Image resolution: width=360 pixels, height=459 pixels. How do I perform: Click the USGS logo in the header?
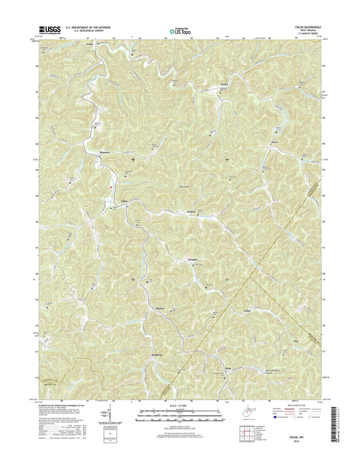(53, 29)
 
